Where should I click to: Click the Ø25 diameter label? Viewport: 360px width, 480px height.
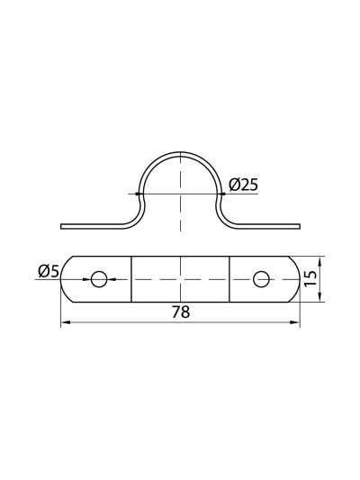pyautogui.click(x=243, y=185)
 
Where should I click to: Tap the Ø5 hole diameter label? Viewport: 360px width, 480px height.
pyautogui.click(x=49, y=270)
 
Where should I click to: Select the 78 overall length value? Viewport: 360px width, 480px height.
pyautogui.click(x=180, y=312)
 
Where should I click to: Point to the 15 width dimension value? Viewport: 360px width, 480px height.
pyautogui.click(x=310, y=279)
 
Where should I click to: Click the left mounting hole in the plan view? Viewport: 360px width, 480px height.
pyautogui.click(x=98, y=279)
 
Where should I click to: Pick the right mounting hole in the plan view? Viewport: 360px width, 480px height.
pyautogui.click(x=262, y=279)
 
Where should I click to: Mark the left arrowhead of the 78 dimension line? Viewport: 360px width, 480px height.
pyautogui.click(x=64, y=324)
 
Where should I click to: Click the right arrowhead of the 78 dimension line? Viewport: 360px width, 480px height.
pyautogui.click(x=296, y=324)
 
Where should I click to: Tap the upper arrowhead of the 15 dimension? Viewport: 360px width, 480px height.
pyautogui.click(x=321, y=258)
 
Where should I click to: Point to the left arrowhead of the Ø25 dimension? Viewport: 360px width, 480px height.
pyautogui.click(x=139, y=193)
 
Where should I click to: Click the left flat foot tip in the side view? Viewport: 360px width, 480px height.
pyautogui.click(x=62, y=225)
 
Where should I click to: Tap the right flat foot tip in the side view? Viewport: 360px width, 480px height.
pyautogui.click(x=298, y=225)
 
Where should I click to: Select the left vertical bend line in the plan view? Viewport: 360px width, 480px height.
pyautogui.click(x=131, y=279)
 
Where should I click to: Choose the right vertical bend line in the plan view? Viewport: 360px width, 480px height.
pyautogui.click(x=229, y=279)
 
